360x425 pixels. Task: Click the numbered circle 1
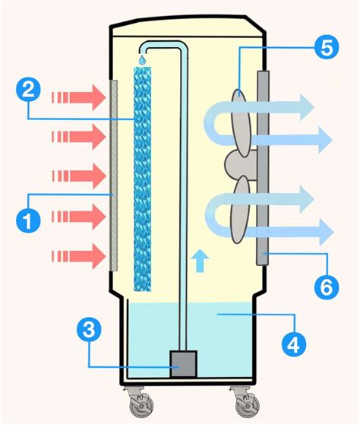pyautogui.click(x=28, y=220)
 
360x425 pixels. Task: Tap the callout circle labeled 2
pyautogui.click(x=28, y=90)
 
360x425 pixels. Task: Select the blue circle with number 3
pyautogui.click(x=89, y=331)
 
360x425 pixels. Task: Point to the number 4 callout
pyautogui.click(x=294, y=344)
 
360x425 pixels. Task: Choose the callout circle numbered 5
pyautogui.click(x=327, y=47)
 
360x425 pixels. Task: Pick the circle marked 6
pyautogui.click(x=326, y=287)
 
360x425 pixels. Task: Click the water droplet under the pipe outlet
pyautogui.click(x=142, y=59)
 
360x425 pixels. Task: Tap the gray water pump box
pyautogui.click(x=183, y=363)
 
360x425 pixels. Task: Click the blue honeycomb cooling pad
pyautogui.click(x=143, y=179)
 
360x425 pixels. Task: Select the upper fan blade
pyautogui.click(x=242, y=123)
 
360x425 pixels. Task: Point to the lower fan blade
pyautogui.click(x=240, y=210)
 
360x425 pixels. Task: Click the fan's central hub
pyautogui.click(x=241, y=166)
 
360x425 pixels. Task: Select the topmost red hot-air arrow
pyautogui.click(x=78, y=97)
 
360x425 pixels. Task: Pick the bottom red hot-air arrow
pyautogui.click(x=78, y=256)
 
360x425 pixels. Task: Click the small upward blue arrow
pyautogui.click(x=200, y=261)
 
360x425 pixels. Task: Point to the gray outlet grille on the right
pyautogui.click(x=263, y=168)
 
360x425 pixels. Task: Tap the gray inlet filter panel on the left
pyautogui.click(x=114, y=176)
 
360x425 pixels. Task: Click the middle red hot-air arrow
pyautogui.click(x=78, y=176)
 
